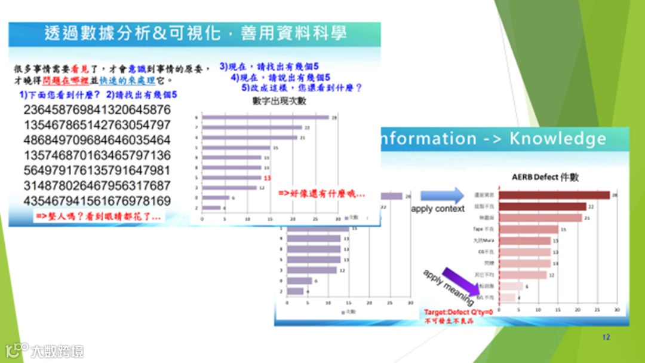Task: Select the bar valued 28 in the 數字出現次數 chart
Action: click(266, 117)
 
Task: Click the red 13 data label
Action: click(268, 178)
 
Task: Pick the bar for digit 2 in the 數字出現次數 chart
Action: click(212, 208)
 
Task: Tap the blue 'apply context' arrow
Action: click(442, 195)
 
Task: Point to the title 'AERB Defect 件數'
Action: click(545, 178)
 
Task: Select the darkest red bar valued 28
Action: click(554, 195)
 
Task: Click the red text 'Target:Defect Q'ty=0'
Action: click(458, 313)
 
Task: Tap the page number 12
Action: click(606, 338)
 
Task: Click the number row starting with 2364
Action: click(97, 110)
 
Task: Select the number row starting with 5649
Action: click(97, 170)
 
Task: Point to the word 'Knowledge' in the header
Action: click(557, 139)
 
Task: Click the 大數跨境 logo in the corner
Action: click(45, 350)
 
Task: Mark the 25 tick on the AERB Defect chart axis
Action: click(597, 310)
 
